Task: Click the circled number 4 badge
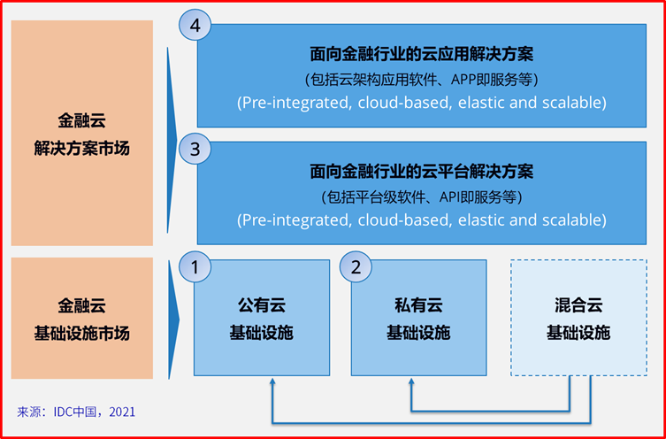[195, 26]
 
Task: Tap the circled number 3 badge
[195, 149]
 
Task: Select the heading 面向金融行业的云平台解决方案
[421, 171]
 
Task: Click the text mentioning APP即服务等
[421, 78]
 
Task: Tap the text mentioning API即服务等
[421, 196]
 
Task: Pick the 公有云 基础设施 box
[262, 319]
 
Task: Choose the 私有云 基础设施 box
[418, 319]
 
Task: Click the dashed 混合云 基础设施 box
[578, 319]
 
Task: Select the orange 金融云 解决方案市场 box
[81, 134]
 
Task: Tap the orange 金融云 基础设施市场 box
[81, 319]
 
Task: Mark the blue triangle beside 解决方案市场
[173, 134]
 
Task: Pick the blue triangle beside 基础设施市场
[173, 319]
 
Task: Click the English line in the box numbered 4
[421, 103]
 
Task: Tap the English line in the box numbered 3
[421, 219]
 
